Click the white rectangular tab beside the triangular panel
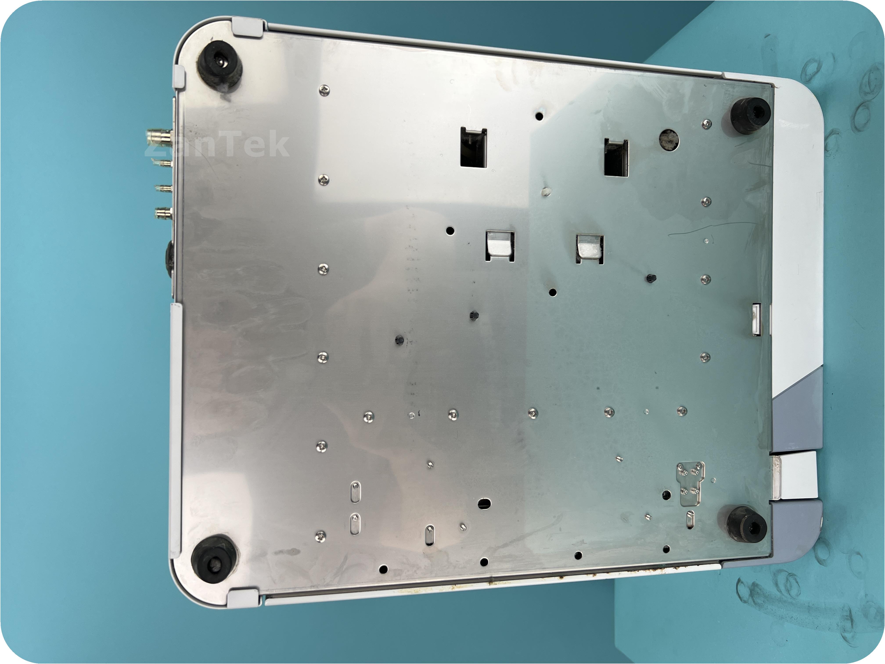[798, 475]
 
